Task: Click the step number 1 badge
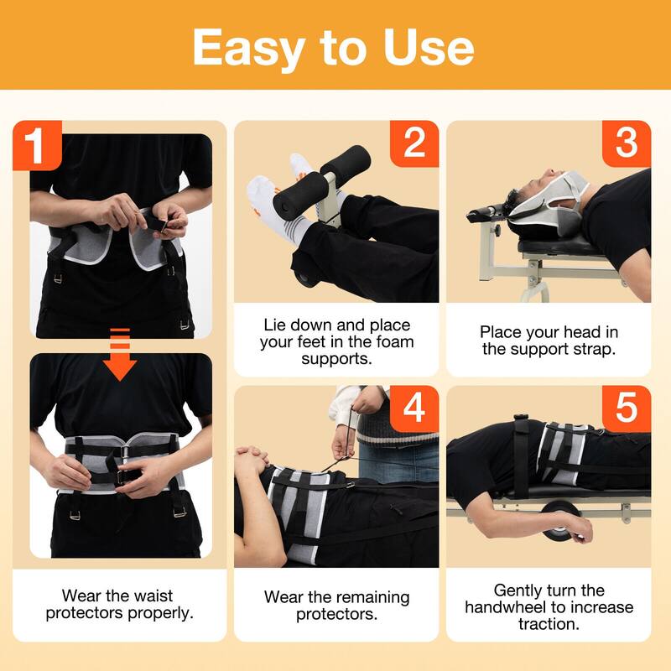tap(36, 144)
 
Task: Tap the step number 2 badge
tap(414, 143)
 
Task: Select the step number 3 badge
tap(627, 143)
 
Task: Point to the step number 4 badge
tap(414, 409)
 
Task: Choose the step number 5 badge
tap(627, 409)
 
